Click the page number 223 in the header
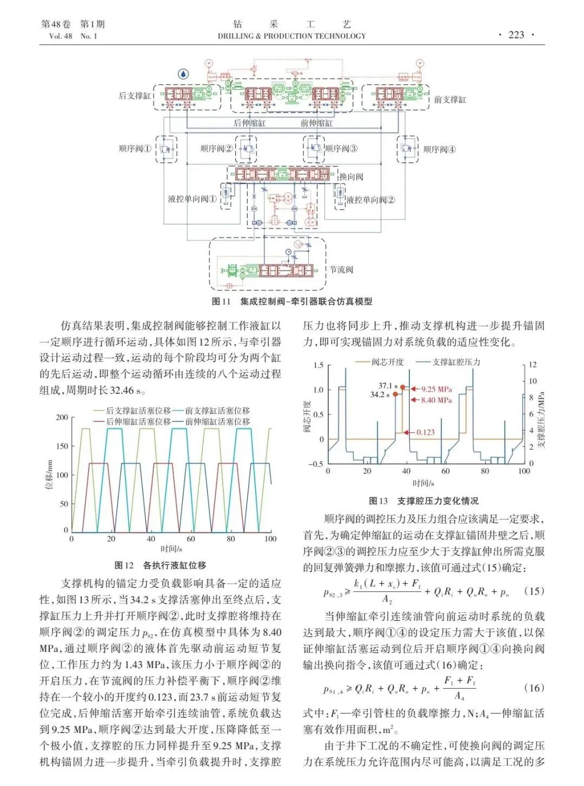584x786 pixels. pos(516,35)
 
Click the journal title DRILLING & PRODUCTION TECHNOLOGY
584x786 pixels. pos(291,36)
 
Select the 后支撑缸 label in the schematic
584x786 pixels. pos(135,96)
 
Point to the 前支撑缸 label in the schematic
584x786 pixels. pos(450,100)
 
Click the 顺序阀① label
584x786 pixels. pos(135,149)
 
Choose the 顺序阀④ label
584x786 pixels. pos(440,149)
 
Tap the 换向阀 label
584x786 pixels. pos(351,176)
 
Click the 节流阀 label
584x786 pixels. pos(342,269)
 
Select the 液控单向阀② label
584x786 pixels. pos(370,200)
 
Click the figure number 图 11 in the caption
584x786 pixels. pos(221,301)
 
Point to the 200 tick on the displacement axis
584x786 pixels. pos(62,417)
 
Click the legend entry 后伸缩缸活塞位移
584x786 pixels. pos(138,421)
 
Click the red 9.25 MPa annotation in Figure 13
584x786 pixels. pos(436,389)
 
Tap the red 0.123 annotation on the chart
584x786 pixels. pos(426,432)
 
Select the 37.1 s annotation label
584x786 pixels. pos(388,386)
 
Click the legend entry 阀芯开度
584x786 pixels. pos(387,362)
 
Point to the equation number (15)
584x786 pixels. pos(534,591)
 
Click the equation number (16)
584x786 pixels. pos(534,688)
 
